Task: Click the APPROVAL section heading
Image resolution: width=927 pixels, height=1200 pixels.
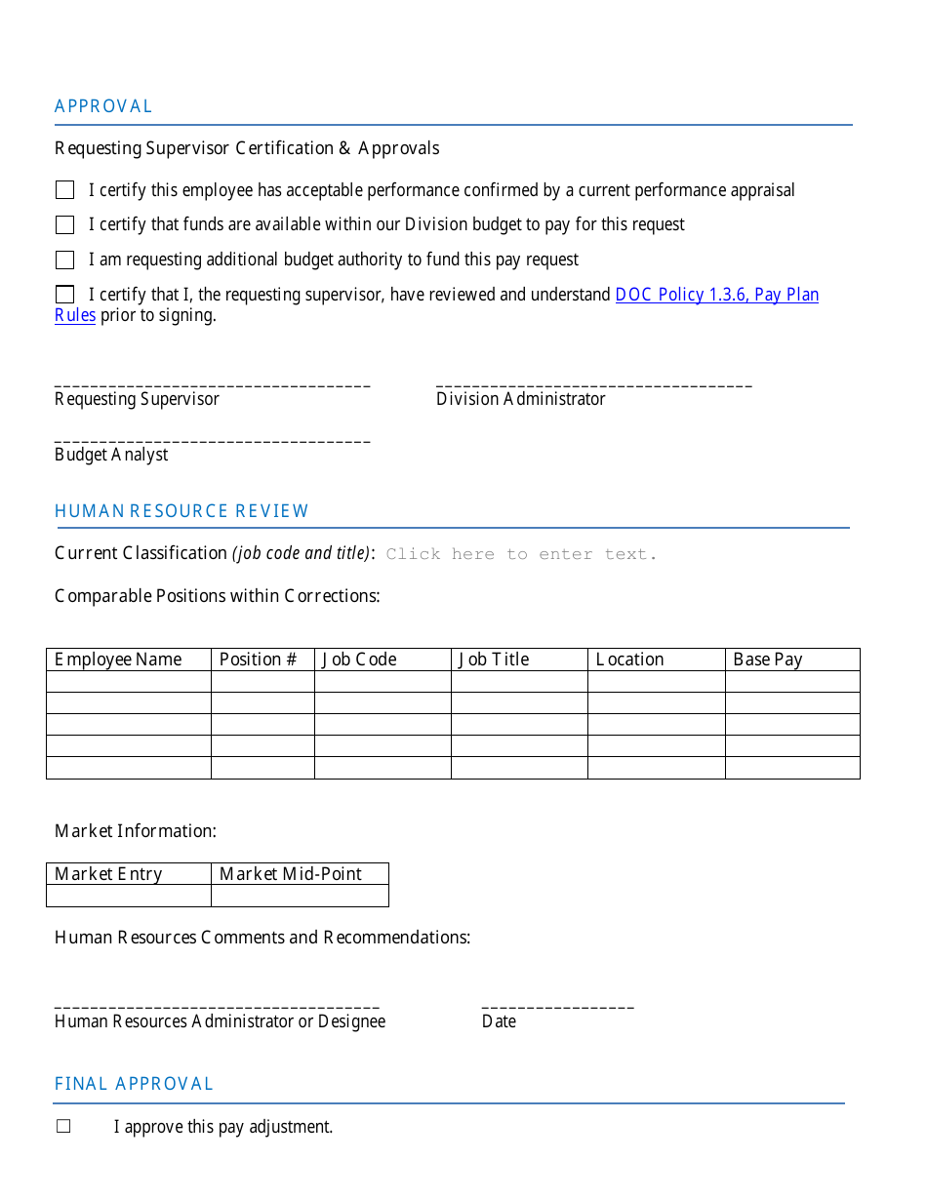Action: (103, 106)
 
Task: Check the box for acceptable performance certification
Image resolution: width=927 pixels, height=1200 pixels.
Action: (65, 190)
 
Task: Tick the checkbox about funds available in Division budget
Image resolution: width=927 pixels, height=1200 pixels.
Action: (65, 225)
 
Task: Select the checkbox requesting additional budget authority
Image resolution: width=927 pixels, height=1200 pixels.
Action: (65, 260)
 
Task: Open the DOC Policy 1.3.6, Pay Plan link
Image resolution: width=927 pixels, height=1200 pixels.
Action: (716, 295)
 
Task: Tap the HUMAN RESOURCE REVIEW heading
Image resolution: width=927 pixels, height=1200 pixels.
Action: (181, 511)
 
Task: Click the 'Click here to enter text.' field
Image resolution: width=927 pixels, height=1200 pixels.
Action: (521, 554)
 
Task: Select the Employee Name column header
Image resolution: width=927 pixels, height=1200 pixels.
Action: (118, 660)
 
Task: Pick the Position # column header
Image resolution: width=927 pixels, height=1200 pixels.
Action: (258, 660)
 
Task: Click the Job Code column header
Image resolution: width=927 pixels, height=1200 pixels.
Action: (359, 660)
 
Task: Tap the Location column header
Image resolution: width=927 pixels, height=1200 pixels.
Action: (629, 660)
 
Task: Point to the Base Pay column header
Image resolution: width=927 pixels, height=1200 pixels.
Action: (767, 660)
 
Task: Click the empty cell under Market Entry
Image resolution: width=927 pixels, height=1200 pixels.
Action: (129, 896)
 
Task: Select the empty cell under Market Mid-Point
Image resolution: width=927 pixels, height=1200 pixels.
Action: (300, 896)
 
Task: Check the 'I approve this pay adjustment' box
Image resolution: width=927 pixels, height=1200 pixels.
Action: (63, 1127)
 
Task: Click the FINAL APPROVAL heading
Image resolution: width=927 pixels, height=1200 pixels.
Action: (134, 1084)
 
